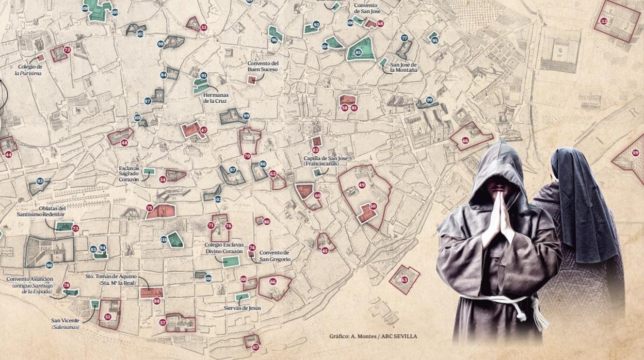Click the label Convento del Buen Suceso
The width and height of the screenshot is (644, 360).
pyautogui.click(x=262, y=66)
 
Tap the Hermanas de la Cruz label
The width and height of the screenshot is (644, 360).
pyautogui.click(x=215, y=98)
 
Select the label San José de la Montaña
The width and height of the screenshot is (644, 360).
pyautogui.click(x=404, y=67)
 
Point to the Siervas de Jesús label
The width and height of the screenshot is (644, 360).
pyautogui.click(x=242, y=308)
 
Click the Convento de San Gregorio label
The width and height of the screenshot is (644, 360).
pyautogui.click(x=275, y=256)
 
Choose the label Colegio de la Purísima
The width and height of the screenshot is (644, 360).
pyautogui.click(x=29, y=70)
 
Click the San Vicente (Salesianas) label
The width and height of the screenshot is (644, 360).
pyautogui.click(x=66, y=323)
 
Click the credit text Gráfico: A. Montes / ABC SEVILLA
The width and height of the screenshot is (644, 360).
pyautogui.click(x=373, y=337)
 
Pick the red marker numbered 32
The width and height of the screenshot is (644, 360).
pyautogui.click(x=604, y=21)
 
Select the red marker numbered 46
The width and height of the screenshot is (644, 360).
pyautogui.click(x=465, y=140)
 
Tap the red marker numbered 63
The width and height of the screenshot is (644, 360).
pyautogui.click(x=404, y=280)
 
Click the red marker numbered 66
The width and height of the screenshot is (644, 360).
pyautogui.click(x=272, y=282)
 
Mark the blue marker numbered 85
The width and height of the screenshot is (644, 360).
pyautogui.click(x=358, y=53)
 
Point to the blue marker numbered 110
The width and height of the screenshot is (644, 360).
pyautogui.click(x=164, y=239)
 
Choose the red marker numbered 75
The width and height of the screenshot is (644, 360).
pyautogui.click(x=150, y=208)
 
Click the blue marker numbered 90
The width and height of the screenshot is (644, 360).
pyautogui.click(x=49, y=265)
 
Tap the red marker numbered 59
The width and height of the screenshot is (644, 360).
pyautogui.click(x=635, y=153)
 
